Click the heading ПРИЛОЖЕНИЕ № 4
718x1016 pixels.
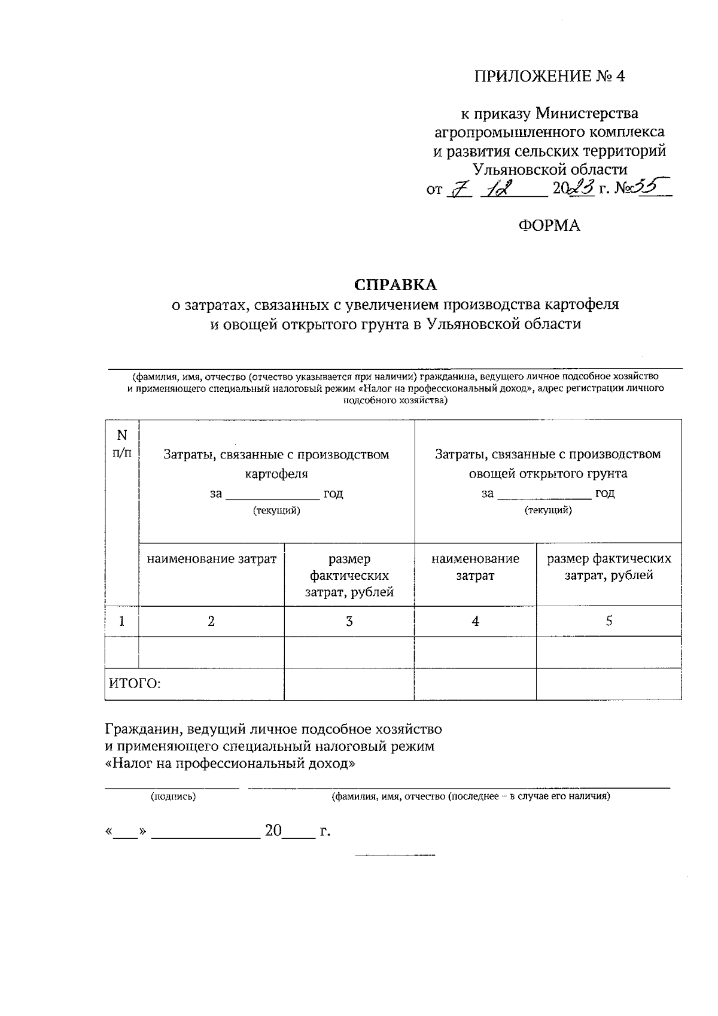tap(549, 77)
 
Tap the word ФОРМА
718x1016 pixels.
tap(549, 226)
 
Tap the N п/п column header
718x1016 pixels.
tap(121, 443)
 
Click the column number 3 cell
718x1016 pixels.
tap(349, 621)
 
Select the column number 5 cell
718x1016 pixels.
tap(609, 621)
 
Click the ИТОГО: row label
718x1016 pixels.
tap(135, 683)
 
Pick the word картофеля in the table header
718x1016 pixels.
tap(276, 474)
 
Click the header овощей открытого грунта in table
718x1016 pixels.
tap(547, 474)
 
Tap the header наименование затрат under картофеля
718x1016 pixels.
tap(211, 559)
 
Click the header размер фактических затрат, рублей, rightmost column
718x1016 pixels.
tap(609, 567)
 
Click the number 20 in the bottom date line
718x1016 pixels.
tap(273, 831)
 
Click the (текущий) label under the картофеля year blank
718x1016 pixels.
tap(276, 510)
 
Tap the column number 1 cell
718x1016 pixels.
tap(121, 621)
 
